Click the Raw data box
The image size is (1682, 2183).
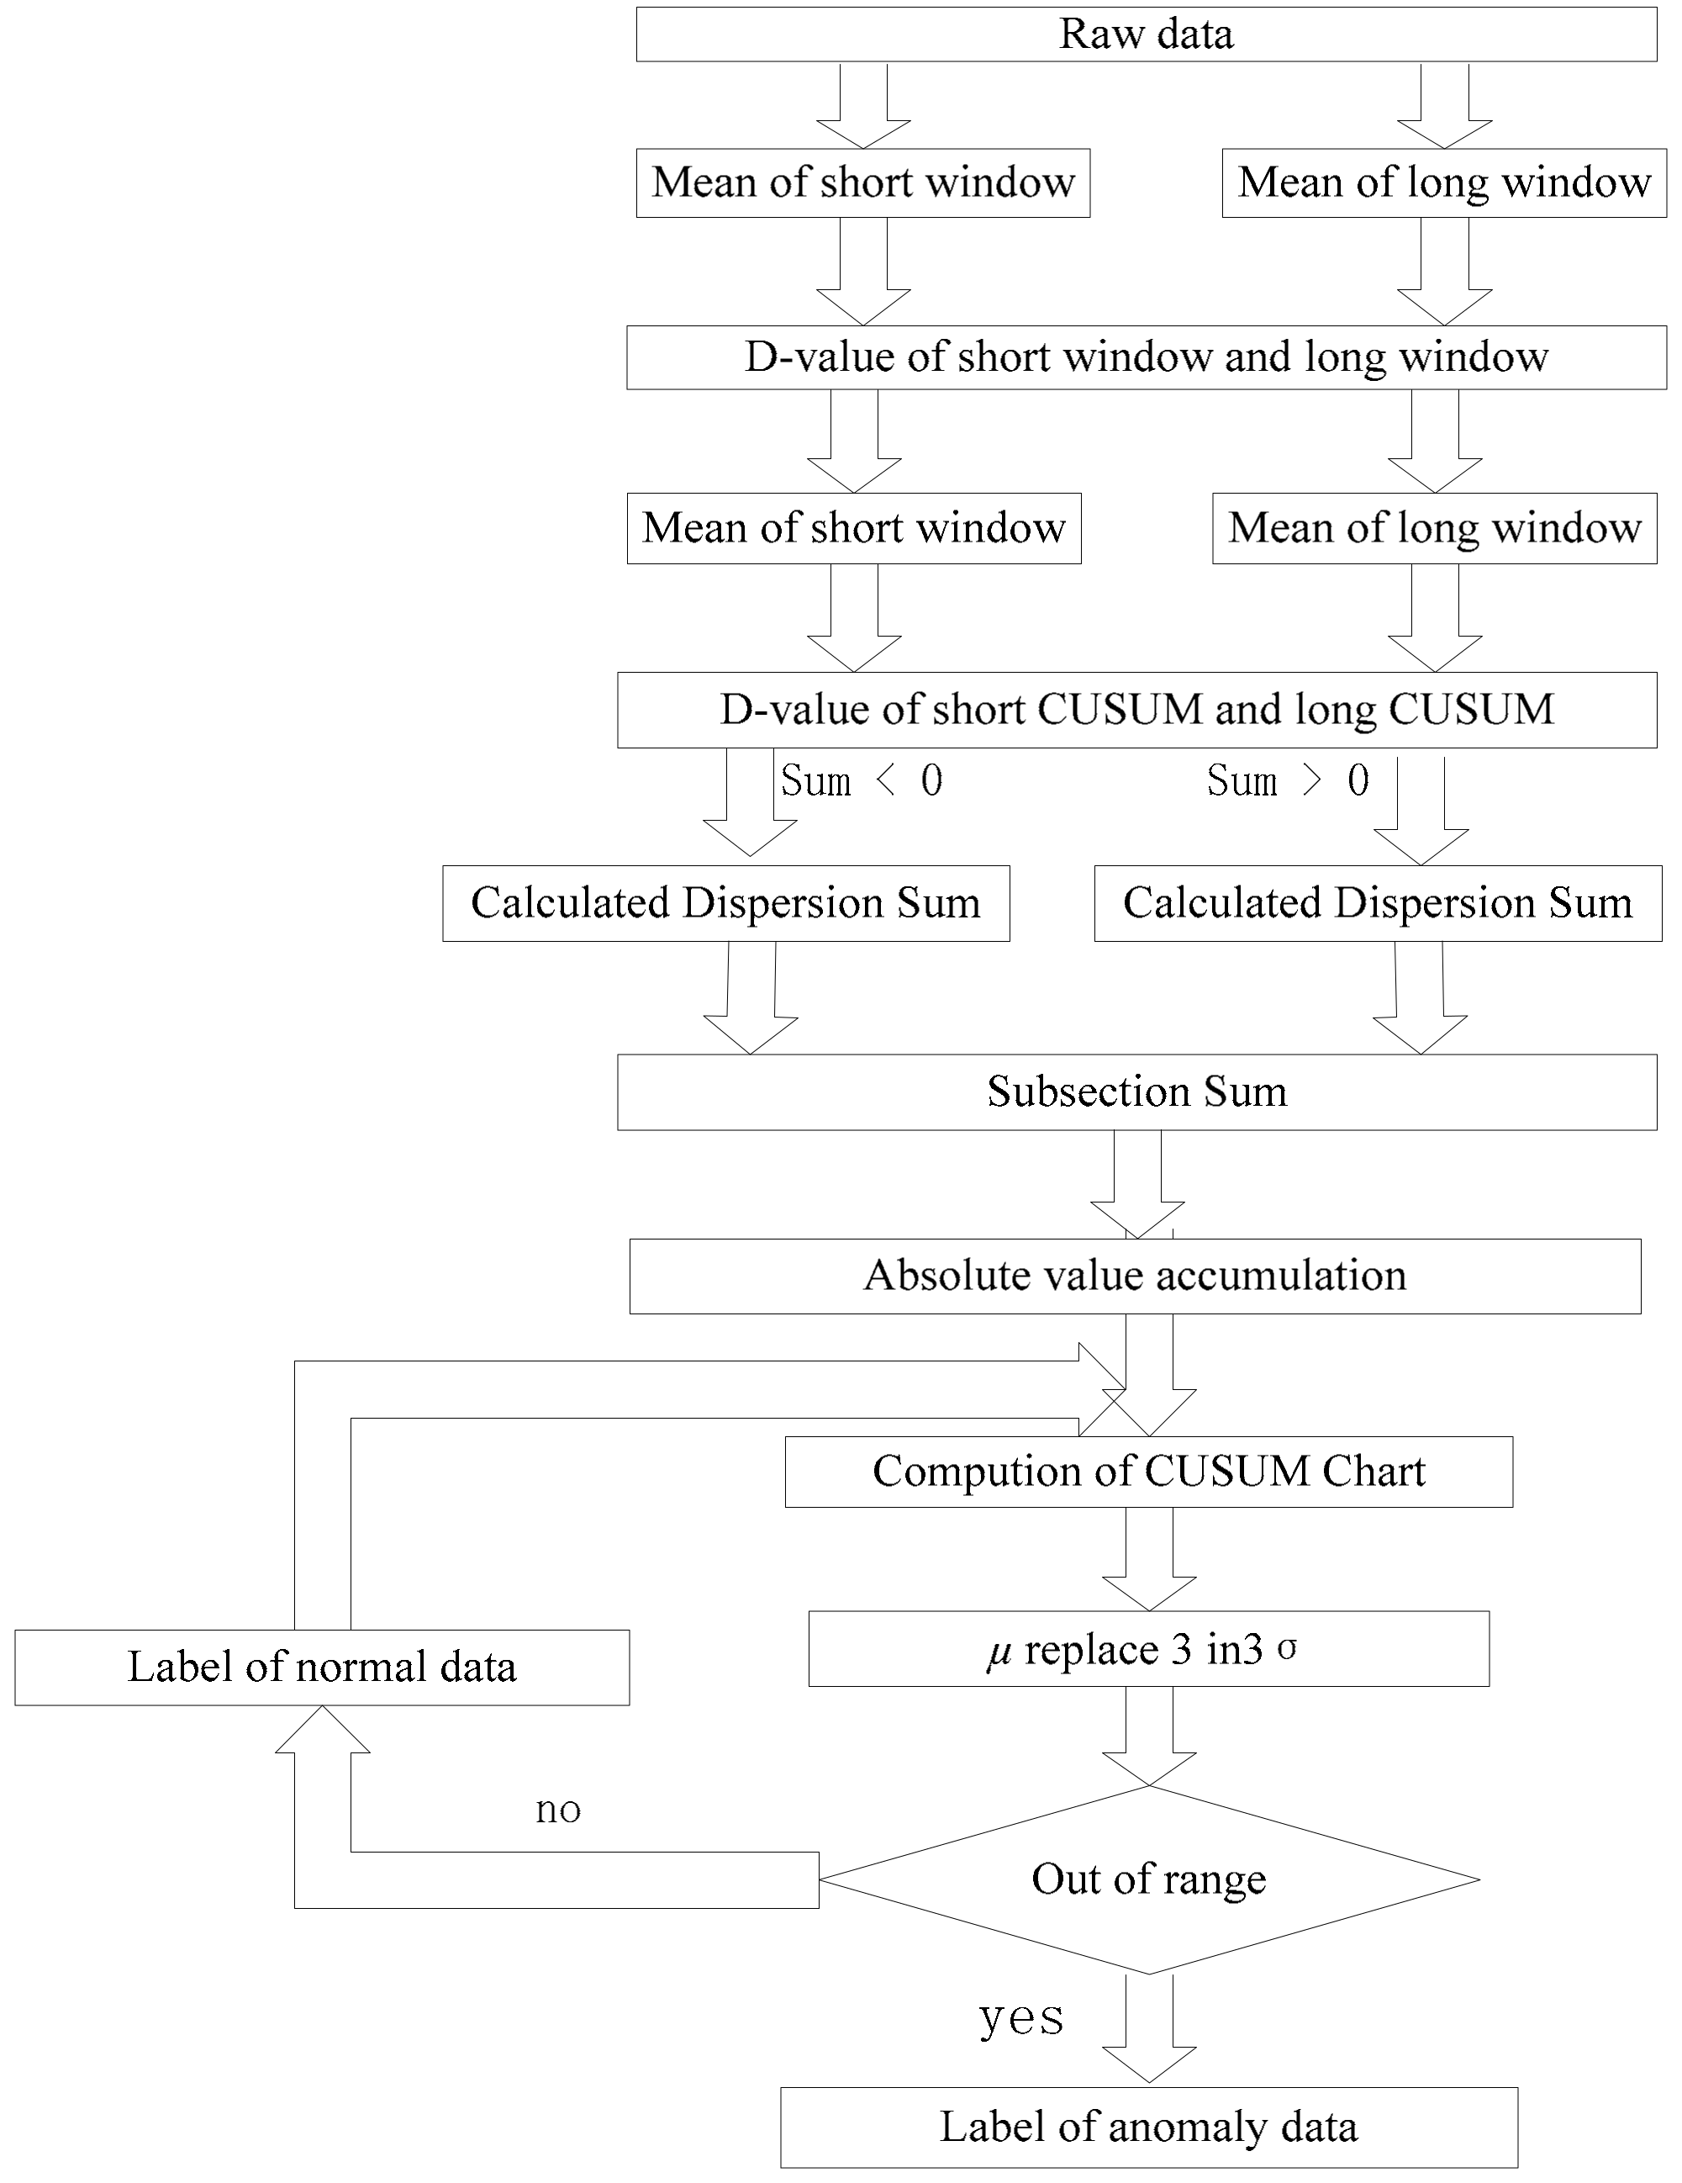[x=1146, y=34]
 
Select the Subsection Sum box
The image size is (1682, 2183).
[x=1136, y=1091]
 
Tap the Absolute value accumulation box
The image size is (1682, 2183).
[x=1134, y=1276]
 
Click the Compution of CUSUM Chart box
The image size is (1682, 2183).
[x=1148, y=1472]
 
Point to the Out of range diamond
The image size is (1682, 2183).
[x=1148, y=1879]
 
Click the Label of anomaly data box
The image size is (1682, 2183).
[x=1148, y=2127]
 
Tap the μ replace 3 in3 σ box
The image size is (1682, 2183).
[x=1148, y=1649]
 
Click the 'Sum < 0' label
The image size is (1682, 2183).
[x=862, y=780]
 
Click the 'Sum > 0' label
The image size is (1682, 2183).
[x=1287, y=780]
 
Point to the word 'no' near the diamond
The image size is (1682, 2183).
[x=557, y=1809]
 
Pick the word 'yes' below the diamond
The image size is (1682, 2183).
[x=1020, y=2017]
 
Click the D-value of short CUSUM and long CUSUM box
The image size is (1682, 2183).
[x=1136, y=710]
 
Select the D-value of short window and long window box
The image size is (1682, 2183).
[x=1146, y=357]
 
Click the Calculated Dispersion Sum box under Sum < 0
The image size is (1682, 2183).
[x=725, y=902]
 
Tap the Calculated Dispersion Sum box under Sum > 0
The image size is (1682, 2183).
[x=1377, y=902]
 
